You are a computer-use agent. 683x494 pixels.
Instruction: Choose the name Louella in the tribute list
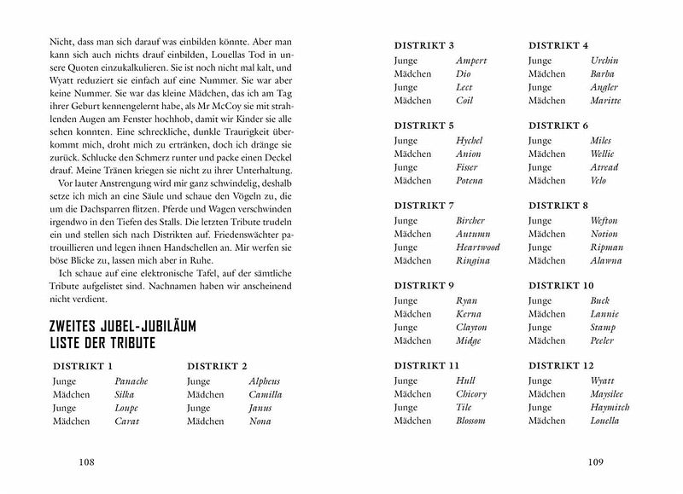(x=606, y=421)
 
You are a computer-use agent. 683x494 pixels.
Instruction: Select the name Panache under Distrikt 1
(x=131, y=381)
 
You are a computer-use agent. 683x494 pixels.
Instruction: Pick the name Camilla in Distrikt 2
(x=265, y=395)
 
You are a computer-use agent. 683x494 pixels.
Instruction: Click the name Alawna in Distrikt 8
(x=605, y=261)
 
